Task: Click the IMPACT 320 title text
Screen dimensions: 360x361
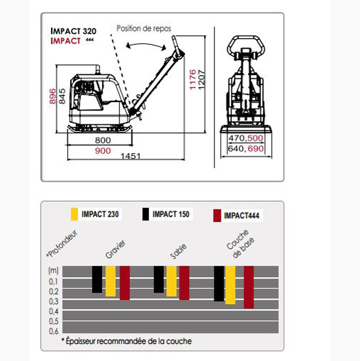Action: pyautogui.click(x=73, y=31)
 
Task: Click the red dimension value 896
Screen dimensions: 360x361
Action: pyautogui.click(x=53, y=96)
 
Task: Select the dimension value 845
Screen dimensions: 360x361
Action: pyautogui.click(x=62, y=96)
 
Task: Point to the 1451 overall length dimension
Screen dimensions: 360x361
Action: pyautogui.click(x=130, y=156)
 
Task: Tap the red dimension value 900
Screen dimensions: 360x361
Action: pyautogui.click(x=103, y=151)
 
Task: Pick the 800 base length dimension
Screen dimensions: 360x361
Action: pyautogui.click(x=103, y=140)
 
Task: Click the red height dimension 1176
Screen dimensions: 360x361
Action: pyautogui.click(x=193, y=79)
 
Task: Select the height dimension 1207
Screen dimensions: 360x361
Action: pyautogui.click(x=202, y=79)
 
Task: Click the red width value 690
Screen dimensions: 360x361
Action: pyautogui.click(x=256, y=148)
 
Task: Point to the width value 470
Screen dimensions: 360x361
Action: pyautogui.click(x=237, y=138)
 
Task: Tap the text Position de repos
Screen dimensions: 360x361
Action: pyautogui.click(x=144, y=28)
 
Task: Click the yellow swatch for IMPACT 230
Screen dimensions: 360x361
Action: pyautogui.click(x=74, y=214)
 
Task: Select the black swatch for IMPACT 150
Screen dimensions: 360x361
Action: pyautogui.click(x=145, y=214)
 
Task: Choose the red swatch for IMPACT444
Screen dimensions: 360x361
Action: pyautogui.click(x=217, y=216)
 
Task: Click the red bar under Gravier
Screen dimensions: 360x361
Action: pyautogui.click(x=125, y=283)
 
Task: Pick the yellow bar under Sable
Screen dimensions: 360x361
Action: pyautogui.click(x=172, y=281)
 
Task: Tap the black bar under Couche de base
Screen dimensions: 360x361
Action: pyautogui.click(x=219, y=284)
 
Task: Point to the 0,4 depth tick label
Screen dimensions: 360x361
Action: pyautogui.click(x=53, y=311)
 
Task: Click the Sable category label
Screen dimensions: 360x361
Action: pyautogui.click(x=178, y=251)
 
